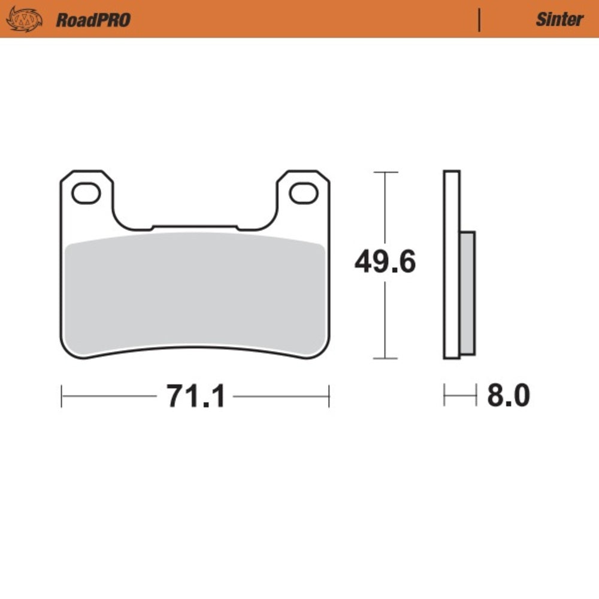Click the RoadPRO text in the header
(x=93, y=20)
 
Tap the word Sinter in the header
(x=559, y=19)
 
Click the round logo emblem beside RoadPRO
(x=25, y=19)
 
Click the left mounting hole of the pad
(x=86, y=193)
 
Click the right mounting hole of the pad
(x=303, y=193)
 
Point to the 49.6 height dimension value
(x=385, y=262)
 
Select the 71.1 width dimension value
(x=195, y=396)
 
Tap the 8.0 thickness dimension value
(x=508, y=396)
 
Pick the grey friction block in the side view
(x=467, y=294)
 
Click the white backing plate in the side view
(x=452, y=264)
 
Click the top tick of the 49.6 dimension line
(x=385, y=173)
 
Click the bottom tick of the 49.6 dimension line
(x=385, y=359)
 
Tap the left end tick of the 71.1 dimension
(x=62, y=396)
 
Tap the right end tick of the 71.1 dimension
(x=329, y=396)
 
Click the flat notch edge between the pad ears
(x=195, y=226)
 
